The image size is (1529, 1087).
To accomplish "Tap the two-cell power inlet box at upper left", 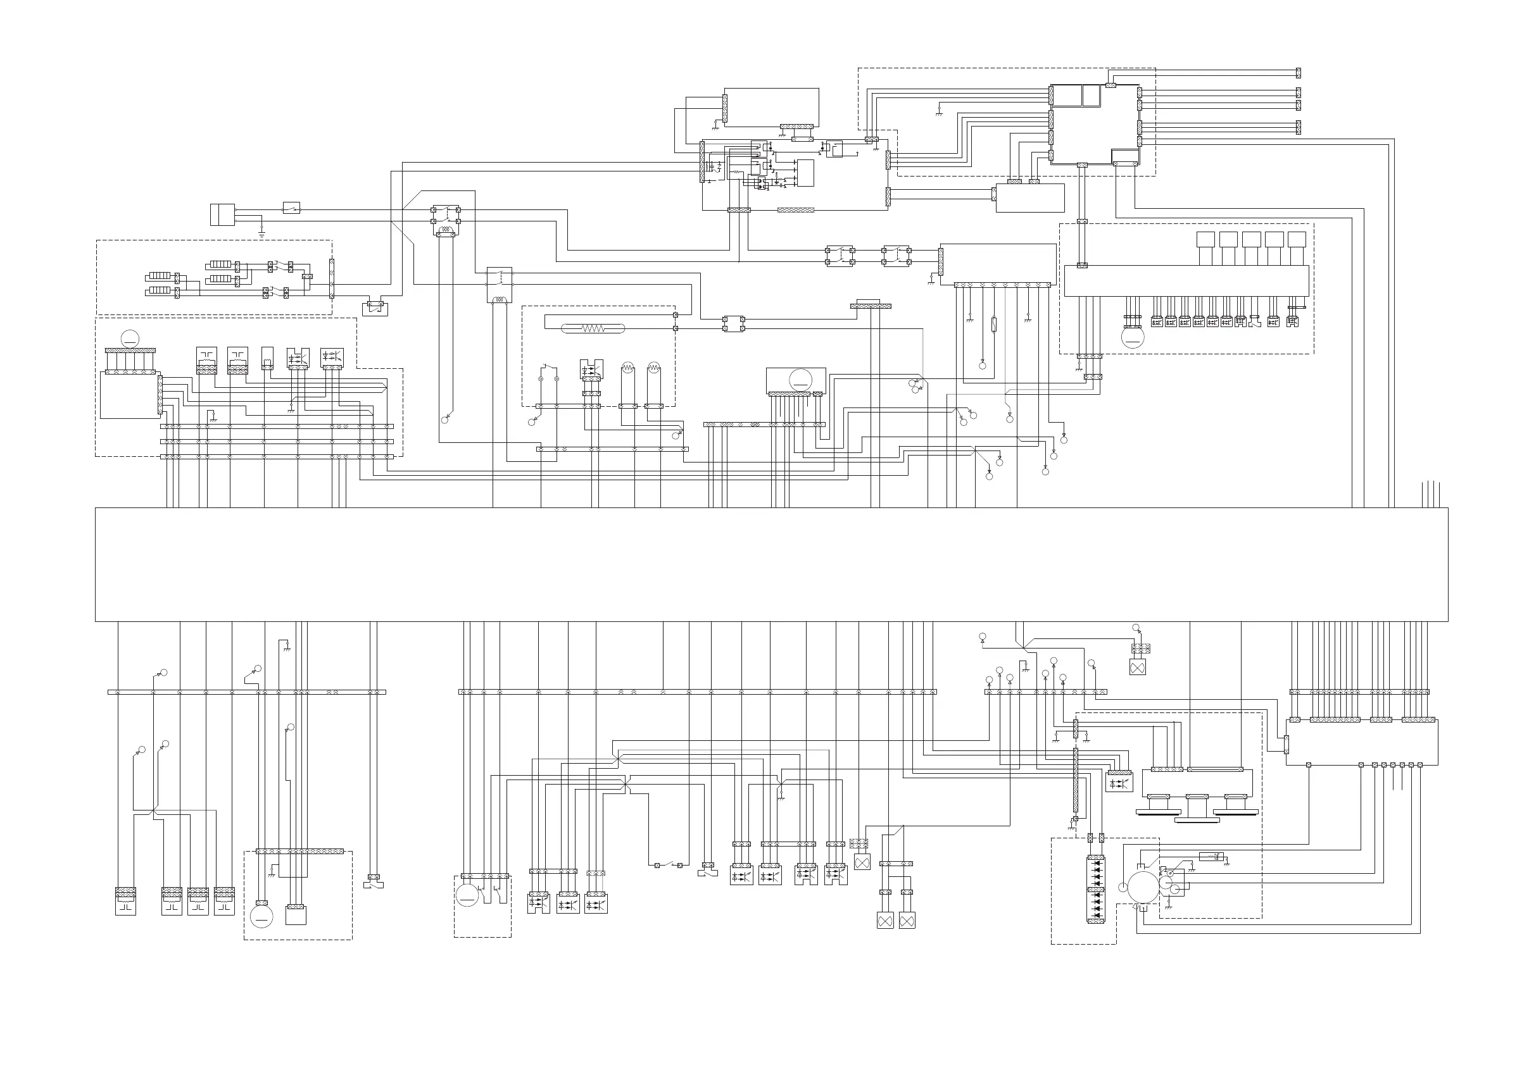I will click(x=222, y=214).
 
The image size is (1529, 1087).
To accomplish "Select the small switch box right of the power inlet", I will click(x=291, y=208).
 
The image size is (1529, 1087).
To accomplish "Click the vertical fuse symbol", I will click(x=993, y=325).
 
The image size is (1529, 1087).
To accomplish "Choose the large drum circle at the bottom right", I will click(x=1143, y=887).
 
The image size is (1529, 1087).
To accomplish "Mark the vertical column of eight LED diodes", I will click(x=1096, y=890).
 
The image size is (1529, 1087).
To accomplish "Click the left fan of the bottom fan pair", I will click(x=885, y=921).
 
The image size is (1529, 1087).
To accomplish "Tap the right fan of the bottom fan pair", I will click(x=907, y=921).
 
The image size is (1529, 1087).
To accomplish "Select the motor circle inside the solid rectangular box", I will click(x=800, y=380).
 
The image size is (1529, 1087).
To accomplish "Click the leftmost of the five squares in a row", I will click(x=1205, y=240).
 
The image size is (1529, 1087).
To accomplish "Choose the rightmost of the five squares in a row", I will click(x=1297, y=240).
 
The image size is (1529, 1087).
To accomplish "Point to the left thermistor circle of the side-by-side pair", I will click(x=627, y=368).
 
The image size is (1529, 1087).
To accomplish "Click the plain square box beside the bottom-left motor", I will click(x=295, y=915).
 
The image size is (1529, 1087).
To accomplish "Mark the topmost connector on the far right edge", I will click(x=1298, y=72).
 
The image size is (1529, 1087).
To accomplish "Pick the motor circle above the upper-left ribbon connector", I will click(x=129, y=339).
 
